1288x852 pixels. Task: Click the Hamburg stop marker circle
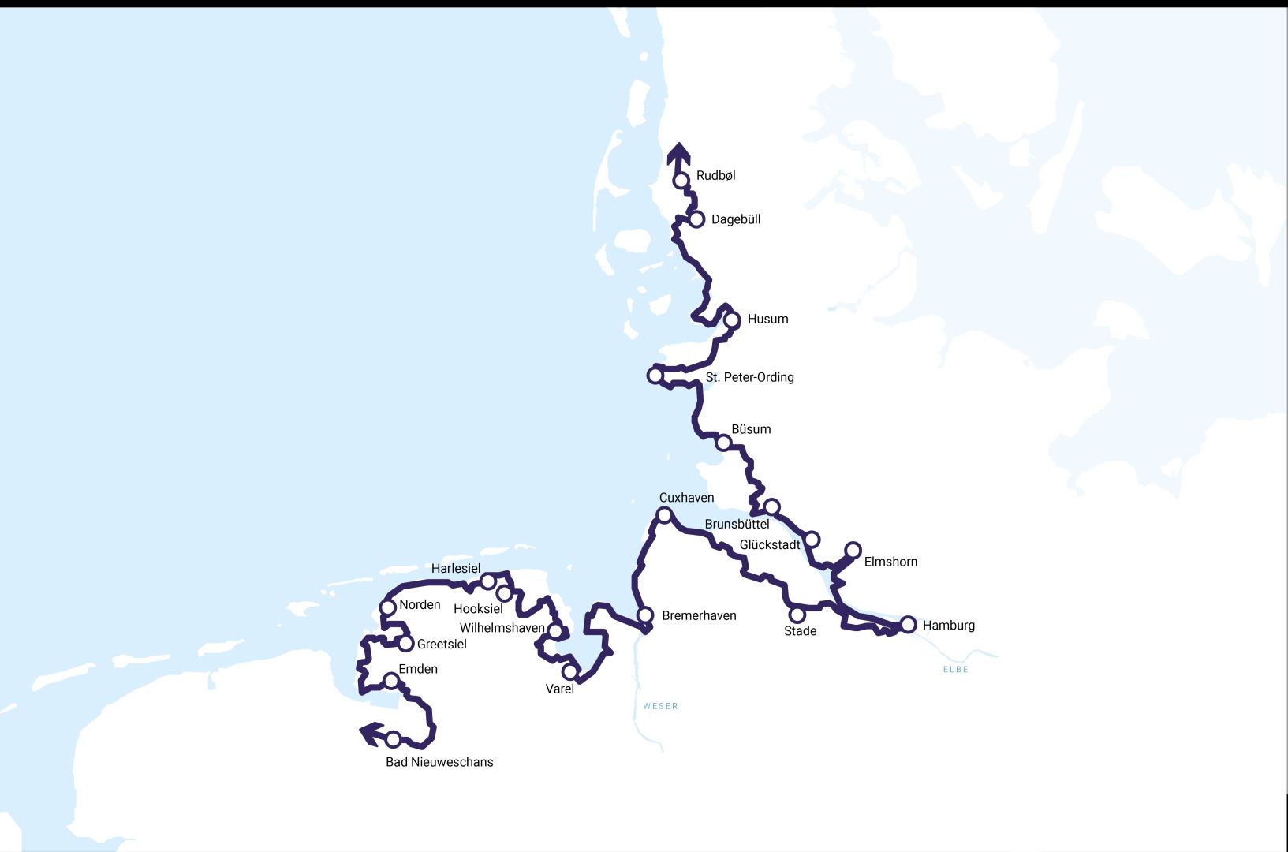908,625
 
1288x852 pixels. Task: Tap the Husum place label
767,319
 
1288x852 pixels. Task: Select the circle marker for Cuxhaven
664,515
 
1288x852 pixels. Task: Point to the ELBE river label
955,669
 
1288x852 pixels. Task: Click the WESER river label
660,706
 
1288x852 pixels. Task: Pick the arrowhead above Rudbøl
678,153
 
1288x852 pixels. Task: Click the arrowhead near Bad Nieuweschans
370,734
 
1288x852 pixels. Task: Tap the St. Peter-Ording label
749,377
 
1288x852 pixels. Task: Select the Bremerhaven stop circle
645,615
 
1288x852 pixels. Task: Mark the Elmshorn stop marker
853,550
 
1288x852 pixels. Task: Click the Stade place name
800,631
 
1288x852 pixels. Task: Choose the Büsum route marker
723,443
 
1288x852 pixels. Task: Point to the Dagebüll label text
736,219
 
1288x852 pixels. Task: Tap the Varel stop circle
569,672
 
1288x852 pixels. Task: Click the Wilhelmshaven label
502,628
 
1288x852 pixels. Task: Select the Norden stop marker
387,607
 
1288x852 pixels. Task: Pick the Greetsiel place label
442,644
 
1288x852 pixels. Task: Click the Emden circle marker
391,681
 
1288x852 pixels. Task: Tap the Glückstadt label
769,544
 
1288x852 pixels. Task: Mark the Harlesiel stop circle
488,581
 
